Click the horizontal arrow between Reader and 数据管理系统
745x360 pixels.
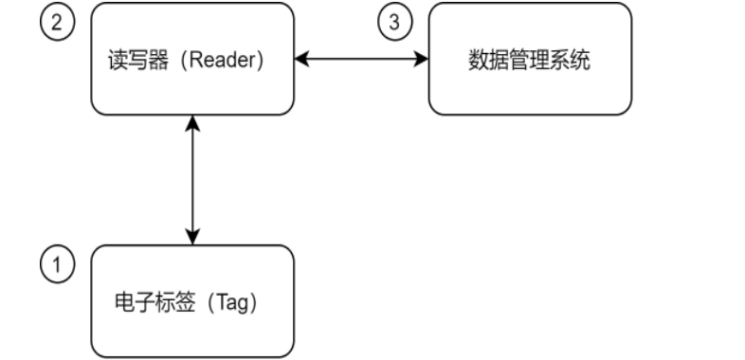(x=361, y=59)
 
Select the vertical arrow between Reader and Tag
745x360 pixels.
(x=193, y=180)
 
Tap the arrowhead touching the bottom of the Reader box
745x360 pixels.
(x=193, y=123)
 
